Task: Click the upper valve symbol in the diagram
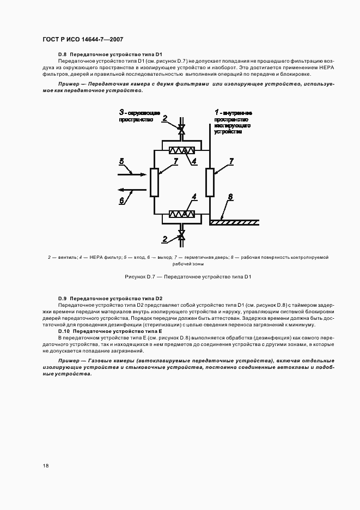coord(181,130)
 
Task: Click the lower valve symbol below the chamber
coord(181,234)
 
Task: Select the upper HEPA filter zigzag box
coord(182,151)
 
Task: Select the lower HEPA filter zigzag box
coord(182,214)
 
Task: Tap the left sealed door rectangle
coord(154,183)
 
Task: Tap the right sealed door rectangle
coord(209,183)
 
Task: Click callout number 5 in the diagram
coord(122,161)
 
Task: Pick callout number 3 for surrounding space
coord(123,111)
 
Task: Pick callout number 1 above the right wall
coord(216,111)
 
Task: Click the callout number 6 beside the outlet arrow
coord(123,200)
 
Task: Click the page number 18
coord(46,465)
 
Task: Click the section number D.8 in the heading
coord(62,56)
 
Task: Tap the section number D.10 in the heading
coord(64,331)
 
